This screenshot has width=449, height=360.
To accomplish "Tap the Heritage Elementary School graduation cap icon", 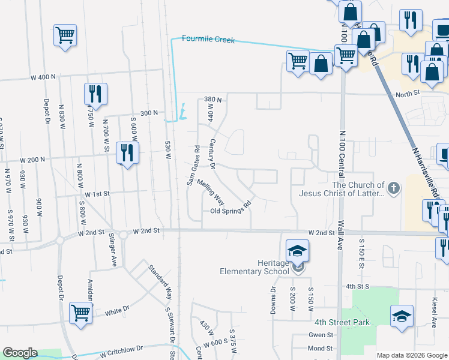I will pos(297,251).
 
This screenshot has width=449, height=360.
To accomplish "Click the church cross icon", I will pos(393,189).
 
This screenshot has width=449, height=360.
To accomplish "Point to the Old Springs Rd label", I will pos(230,211).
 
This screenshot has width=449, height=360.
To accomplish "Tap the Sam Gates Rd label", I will pos(193,165).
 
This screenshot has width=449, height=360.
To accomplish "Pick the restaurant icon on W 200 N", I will pos(125,154).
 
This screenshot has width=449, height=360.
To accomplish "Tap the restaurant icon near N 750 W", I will pos(95,94).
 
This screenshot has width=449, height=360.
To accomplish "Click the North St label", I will pos(407,94).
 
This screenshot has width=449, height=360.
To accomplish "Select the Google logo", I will pos(20,353).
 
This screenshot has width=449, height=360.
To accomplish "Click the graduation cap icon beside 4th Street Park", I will pos(402,316).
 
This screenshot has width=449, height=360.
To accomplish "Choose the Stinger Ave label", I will pos(112,254).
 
